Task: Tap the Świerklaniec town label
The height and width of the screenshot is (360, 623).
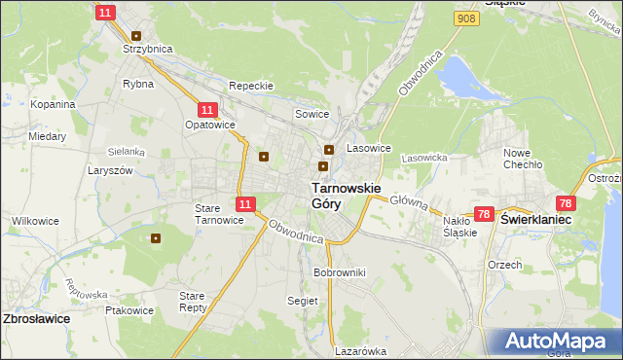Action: tap(535, 221)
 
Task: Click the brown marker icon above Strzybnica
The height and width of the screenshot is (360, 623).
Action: tap(136, 35)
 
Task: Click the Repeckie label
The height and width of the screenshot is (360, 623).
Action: tap(250, 86)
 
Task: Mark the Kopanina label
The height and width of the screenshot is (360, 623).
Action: tap(53, 104)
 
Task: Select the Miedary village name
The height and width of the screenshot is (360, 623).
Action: tap(47, 137)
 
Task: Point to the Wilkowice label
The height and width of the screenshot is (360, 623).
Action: tap(36, 221)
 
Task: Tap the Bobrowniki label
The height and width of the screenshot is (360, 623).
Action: tap(339, 272)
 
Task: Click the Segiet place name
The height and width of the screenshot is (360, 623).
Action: tap(303, 301)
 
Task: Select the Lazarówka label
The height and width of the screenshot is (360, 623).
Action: tap(361, 351)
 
